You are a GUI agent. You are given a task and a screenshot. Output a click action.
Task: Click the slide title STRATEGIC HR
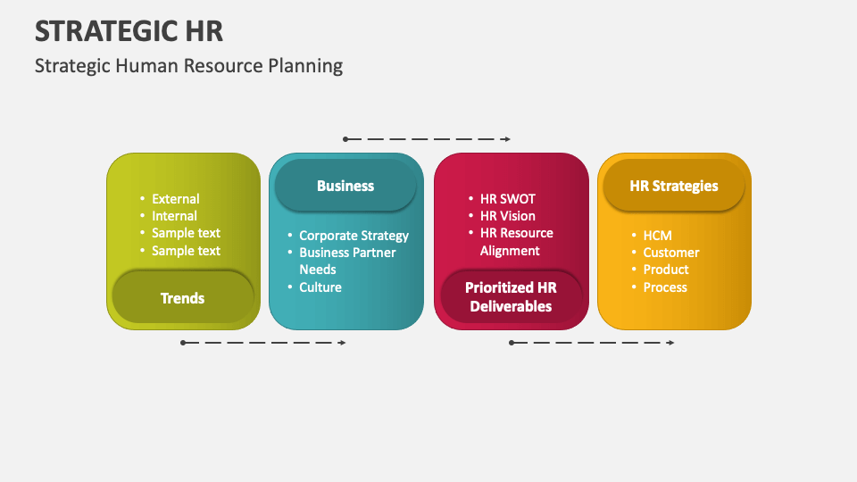[129, 30]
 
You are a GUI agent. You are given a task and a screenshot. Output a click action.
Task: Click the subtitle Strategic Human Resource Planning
[188, 65]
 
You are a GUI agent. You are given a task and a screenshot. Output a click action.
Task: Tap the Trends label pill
[182, 298]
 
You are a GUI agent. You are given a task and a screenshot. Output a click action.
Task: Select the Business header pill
[345, 186]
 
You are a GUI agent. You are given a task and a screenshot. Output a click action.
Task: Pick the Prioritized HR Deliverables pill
[511, 297]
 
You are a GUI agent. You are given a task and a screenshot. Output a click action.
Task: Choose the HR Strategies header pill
[674, 186]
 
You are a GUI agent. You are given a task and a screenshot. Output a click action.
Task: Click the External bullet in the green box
[175, 199]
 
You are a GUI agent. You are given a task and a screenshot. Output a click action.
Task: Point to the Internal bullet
[174, 216]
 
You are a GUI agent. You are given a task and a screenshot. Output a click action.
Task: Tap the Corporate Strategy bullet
[354, 236]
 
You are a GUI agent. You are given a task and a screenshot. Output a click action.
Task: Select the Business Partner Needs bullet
[346, 261]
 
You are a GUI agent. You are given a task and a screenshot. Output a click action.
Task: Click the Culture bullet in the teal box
[320, 287]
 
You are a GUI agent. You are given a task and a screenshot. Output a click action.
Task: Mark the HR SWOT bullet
[507, 199]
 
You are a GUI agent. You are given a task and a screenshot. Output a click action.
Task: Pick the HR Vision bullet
[507, 216]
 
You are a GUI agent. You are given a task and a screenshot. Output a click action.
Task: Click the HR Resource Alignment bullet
[516, 242]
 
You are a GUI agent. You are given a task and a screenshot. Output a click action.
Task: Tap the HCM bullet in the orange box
[657, 236]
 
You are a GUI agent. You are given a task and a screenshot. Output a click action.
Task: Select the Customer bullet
[671, 253]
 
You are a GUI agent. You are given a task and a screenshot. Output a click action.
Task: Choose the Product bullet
[666, 270]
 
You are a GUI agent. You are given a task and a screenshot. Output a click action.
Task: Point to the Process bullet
[665, 287]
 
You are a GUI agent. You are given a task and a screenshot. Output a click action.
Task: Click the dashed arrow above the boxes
[427, 139]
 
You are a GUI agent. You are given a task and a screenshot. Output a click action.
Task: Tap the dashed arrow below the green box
[263, 343]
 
